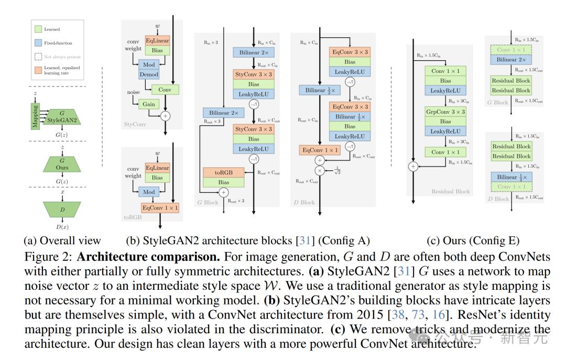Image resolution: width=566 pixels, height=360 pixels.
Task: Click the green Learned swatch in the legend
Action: click(37, 29)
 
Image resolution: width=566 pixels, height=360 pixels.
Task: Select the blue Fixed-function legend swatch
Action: click(37, 43)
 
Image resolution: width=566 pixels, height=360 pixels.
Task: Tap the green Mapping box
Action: click(36, 116)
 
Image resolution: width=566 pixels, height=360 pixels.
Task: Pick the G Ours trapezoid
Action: click(62, 164)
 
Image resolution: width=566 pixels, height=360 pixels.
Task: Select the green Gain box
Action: click(149, 104)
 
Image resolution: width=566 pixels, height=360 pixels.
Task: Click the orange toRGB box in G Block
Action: click(224, 172)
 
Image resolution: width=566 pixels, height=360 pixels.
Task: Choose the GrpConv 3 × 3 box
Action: click(445, 112)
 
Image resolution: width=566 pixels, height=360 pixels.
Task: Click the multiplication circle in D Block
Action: click(319, 171)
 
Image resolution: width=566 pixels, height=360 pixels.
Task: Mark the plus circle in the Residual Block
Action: click(412, 166)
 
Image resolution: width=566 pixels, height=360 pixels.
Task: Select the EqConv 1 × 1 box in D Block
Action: click(319, 150)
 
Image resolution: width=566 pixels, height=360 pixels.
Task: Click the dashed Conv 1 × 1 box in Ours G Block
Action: click(510, 50)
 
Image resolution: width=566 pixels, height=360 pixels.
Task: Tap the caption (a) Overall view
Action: click(62, 241)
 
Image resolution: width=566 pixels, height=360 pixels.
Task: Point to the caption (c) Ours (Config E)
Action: click(473, 241)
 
